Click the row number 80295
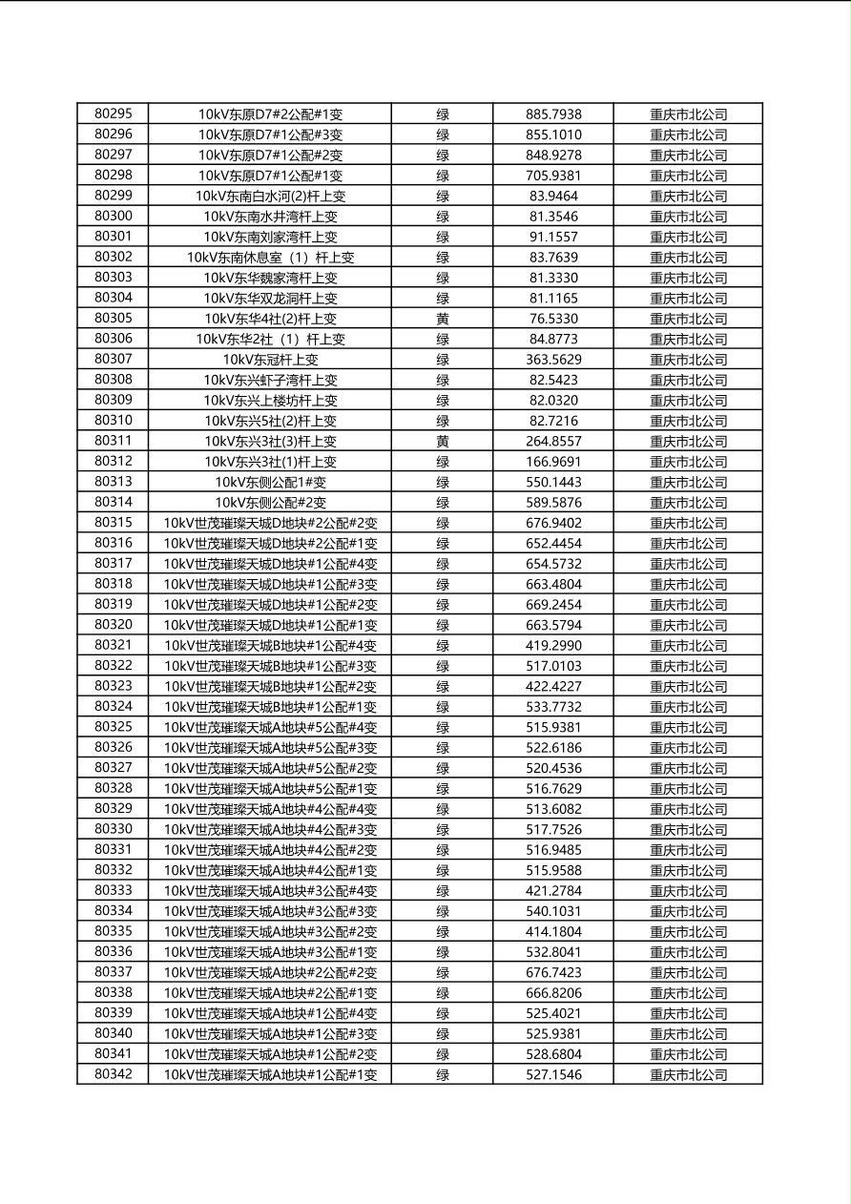click(114, 114)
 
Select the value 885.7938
click(553, 114)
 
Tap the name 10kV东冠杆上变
click(270, 360)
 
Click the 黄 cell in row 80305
click(443, 319)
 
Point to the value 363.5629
click(553, 360)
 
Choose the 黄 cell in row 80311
click(443, 441)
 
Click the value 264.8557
click(553, 441)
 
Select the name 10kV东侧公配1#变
click(270, 482)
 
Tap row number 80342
click(114, 1074)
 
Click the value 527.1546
click(553, 1074)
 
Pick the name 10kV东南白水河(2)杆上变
click(270, 196)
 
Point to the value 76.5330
click(553, 319)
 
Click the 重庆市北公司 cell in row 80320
click(688, 625)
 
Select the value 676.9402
click(553, 523)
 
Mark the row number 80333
click(114, 890)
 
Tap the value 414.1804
click(553, 931)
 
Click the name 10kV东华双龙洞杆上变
click(270, 298)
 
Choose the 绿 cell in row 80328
click(443, 788)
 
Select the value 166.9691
click(553, 462)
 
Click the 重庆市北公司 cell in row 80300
click(688, 217)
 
